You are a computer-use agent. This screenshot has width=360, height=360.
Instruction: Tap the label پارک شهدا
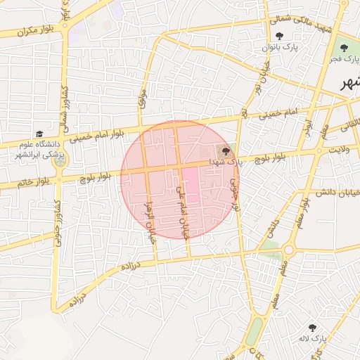pyautogui.click(x=224, y=162)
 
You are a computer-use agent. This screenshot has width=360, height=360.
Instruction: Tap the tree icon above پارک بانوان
pyautogui.click(x=280, y=36)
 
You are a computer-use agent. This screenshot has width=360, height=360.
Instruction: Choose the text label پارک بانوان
pyautogui.click(x=281, y=48)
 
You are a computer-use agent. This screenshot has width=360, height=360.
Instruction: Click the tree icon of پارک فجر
pyautogui.click(x=344, y=48)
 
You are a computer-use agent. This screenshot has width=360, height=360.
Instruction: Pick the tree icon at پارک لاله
pyautogui.click(x=312, y=328)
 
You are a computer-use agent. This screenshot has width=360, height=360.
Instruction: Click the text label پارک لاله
pyautogui.click(x=312, y=340)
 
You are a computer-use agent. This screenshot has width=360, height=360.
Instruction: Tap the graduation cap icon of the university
pyautogui.click(x=39, y=134)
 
